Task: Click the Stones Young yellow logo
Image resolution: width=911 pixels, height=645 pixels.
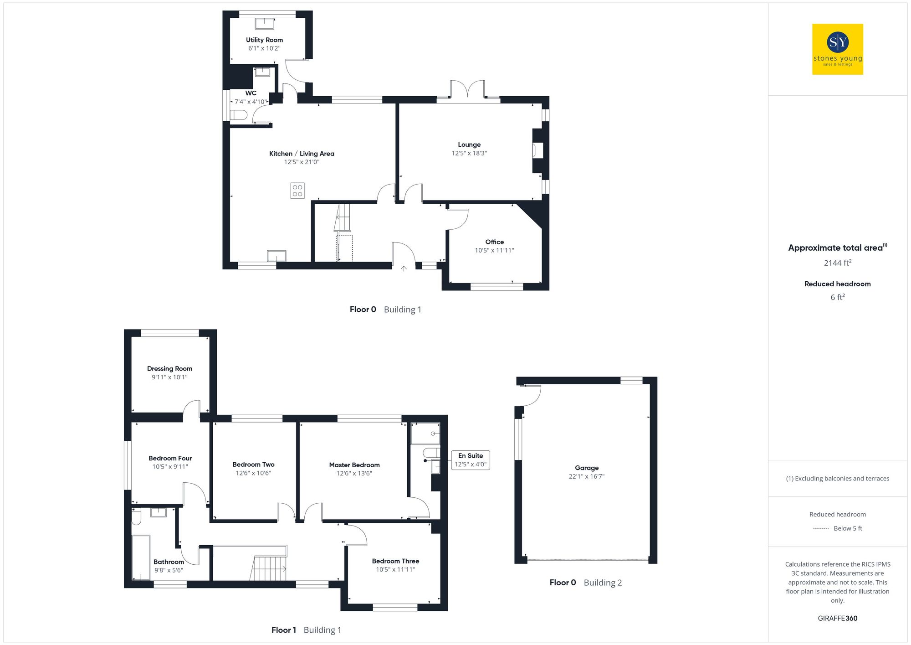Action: (x=837, y=49)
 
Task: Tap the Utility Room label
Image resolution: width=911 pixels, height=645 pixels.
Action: (x=264, y=40)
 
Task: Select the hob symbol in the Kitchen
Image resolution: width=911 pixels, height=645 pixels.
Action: (x=297, y=191)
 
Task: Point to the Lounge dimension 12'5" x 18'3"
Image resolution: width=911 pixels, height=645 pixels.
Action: (x=469, y=153)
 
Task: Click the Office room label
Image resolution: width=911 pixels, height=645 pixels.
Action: (x=494, y=242)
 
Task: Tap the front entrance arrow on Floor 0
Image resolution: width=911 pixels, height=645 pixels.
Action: (x=404, y=268)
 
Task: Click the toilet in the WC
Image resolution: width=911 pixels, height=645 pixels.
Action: (x=238, y=115)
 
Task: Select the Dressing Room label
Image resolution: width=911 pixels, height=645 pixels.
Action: (x=169, y=369)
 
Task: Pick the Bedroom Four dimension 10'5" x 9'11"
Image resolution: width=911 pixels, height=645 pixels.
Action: (x=170, y=467)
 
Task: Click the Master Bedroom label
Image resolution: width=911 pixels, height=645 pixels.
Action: (x=354, y=465)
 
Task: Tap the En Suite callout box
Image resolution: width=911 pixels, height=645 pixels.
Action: (x=471, y=460)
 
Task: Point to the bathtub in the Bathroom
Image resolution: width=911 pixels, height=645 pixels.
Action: (x=141, y=557)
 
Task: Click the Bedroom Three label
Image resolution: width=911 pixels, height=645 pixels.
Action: (x=395, y=561)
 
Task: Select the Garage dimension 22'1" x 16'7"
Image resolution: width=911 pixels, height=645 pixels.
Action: (x=587, y=476)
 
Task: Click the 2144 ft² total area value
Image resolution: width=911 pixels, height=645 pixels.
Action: (x=837, y=263)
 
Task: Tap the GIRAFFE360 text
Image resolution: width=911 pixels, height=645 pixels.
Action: (x=837, y=619)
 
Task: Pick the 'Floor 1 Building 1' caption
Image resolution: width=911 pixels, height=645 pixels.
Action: (x=306, y=630)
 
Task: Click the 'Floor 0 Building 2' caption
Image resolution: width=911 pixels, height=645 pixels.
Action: (x=585, y=583)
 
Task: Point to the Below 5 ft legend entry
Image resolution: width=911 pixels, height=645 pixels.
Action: (x=847, y=528)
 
